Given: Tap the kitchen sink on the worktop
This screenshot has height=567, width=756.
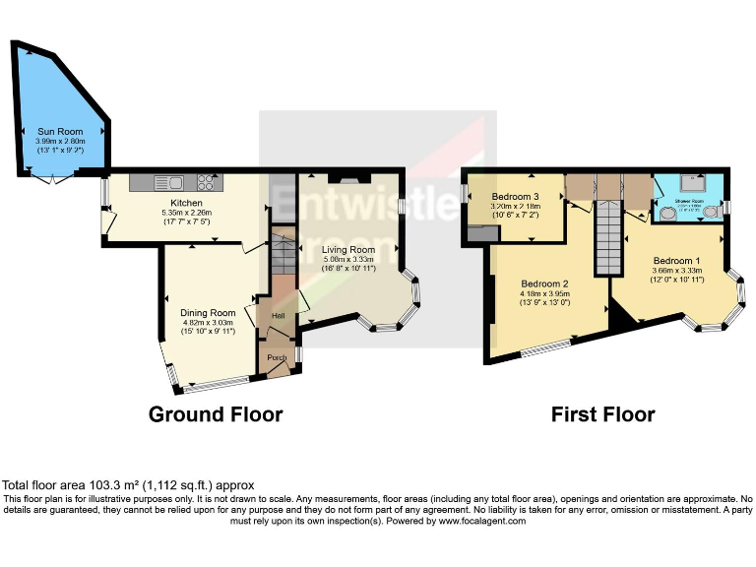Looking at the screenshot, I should tap(163, 182).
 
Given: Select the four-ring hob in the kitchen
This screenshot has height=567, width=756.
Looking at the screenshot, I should tap(208, 182).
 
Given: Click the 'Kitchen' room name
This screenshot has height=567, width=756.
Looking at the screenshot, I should tap(185, 203).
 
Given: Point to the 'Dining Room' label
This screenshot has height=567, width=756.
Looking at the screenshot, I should tap(210, 312).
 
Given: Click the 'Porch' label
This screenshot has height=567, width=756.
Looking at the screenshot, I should tap(277, 358).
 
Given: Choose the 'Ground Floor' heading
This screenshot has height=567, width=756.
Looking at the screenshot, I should tap(216, 414).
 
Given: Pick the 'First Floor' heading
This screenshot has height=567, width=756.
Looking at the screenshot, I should tap(603, 414).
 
